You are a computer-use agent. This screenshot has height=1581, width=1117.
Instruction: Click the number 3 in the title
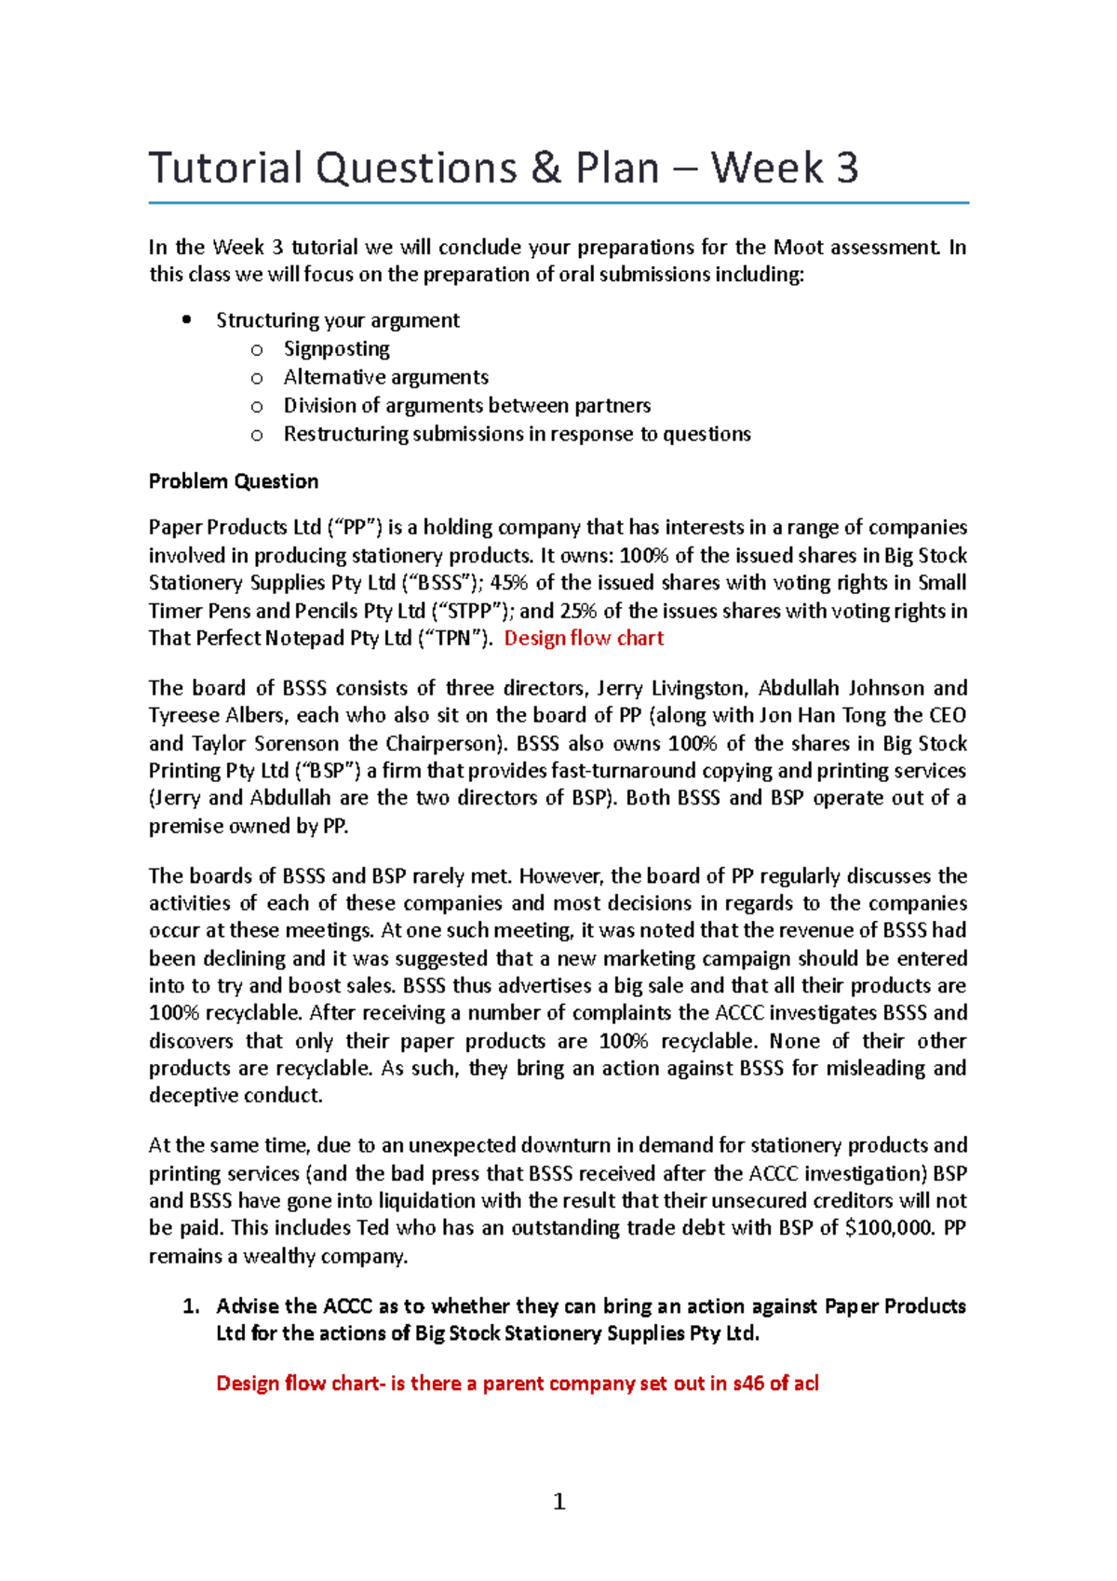[846, 169]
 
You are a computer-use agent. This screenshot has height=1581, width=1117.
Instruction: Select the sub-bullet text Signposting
[336, 349]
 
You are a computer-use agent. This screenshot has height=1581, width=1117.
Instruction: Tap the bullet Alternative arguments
[385, 377]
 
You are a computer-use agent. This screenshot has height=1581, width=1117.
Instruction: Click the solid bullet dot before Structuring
[187, 320]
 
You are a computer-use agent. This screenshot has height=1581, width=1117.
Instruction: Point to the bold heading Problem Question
[234, 481]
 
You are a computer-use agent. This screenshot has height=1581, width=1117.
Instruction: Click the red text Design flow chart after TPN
[584, 639]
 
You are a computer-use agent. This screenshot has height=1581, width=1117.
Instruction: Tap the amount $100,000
[888, 1228]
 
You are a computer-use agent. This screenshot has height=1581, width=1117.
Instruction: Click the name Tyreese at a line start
[183, 716]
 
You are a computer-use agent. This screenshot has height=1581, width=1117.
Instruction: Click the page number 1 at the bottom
[558, 1501]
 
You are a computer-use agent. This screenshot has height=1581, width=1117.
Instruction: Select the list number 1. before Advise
[191, 1306]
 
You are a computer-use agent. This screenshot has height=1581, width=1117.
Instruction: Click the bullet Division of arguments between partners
[466, 406]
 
